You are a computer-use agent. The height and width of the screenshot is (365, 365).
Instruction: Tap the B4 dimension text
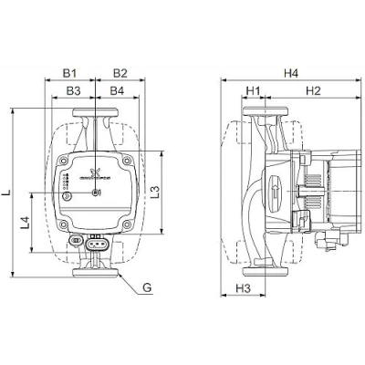point(116,91)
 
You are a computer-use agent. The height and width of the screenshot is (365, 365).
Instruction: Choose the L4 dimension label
point(26,222)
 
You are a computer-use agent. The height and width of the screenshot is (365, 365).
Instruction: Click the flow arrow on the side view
point(276,193)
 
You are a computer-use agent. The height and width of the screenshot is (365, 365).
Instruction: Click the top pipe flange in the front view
point(95,117)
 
